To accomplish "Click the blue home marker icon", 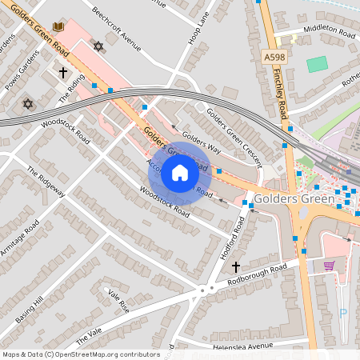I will [180, 172].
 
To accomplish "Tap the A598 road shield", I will [273, 57].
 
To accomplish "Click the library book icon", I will [58, 27].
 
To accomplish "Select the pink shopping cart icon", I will [329, 266].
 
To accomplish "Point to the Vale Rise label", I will [118, 301].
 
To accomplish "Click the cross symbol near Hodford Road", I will [235, 266].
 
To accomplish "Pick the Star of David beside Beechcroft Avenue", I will [98, 46].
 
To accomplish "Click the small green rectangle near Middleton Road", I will [318, 64].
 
